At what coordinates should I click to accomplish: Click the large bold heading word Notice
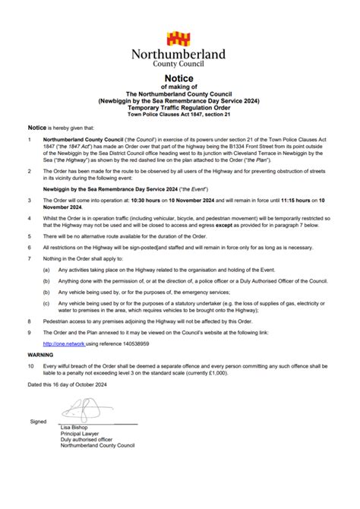(179, 79)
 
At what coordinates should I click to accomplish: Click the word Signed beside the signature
(38, 421)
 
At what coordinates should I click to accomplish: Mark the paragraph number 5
(29, 236)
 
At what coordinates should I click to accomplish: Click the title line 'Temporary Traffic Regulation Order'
(179, 108)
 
